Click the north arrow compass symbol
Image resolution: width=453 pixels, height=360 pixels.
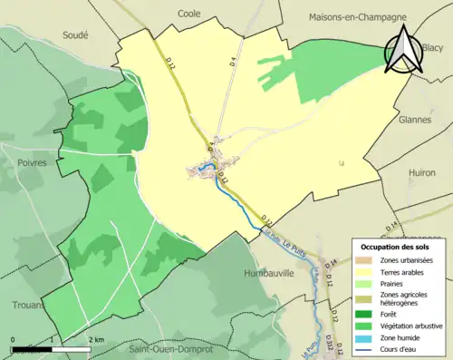403,49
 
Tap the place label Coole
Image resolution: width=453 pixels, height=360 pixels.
189,15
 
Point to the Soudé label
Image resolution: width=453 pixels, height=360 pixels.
74,34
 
